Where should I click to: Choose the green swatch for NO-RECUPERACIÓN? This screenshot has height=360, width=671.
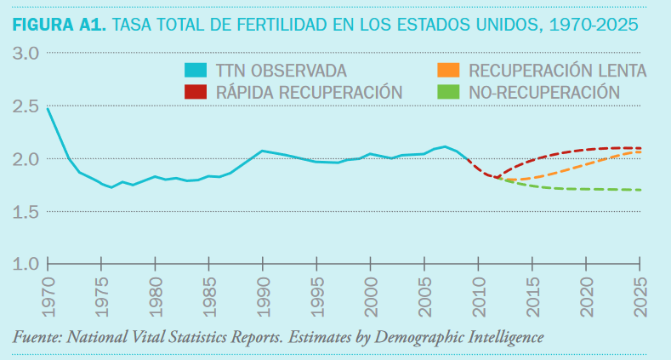(447, 91)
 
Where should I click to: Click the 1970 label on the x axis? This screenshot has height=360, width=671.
(47, 294)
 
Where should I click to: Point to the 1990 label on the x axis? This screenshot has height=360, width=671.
(262, 294)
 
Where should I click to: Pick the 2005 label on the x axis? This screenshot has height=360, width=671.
(424, 294)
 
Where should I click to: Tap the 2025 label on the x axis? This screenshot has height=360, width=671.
(640, 294)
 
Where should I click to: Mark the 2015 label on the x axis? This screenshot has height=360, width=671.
(532, 294)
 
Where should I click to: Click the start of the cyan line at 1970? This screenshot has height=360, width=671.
(48, 109)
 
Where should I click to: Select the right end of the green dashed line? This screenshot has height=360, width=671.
(640, 190)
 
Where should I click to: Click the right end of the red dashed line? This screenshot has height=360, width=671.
(640, 148)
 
